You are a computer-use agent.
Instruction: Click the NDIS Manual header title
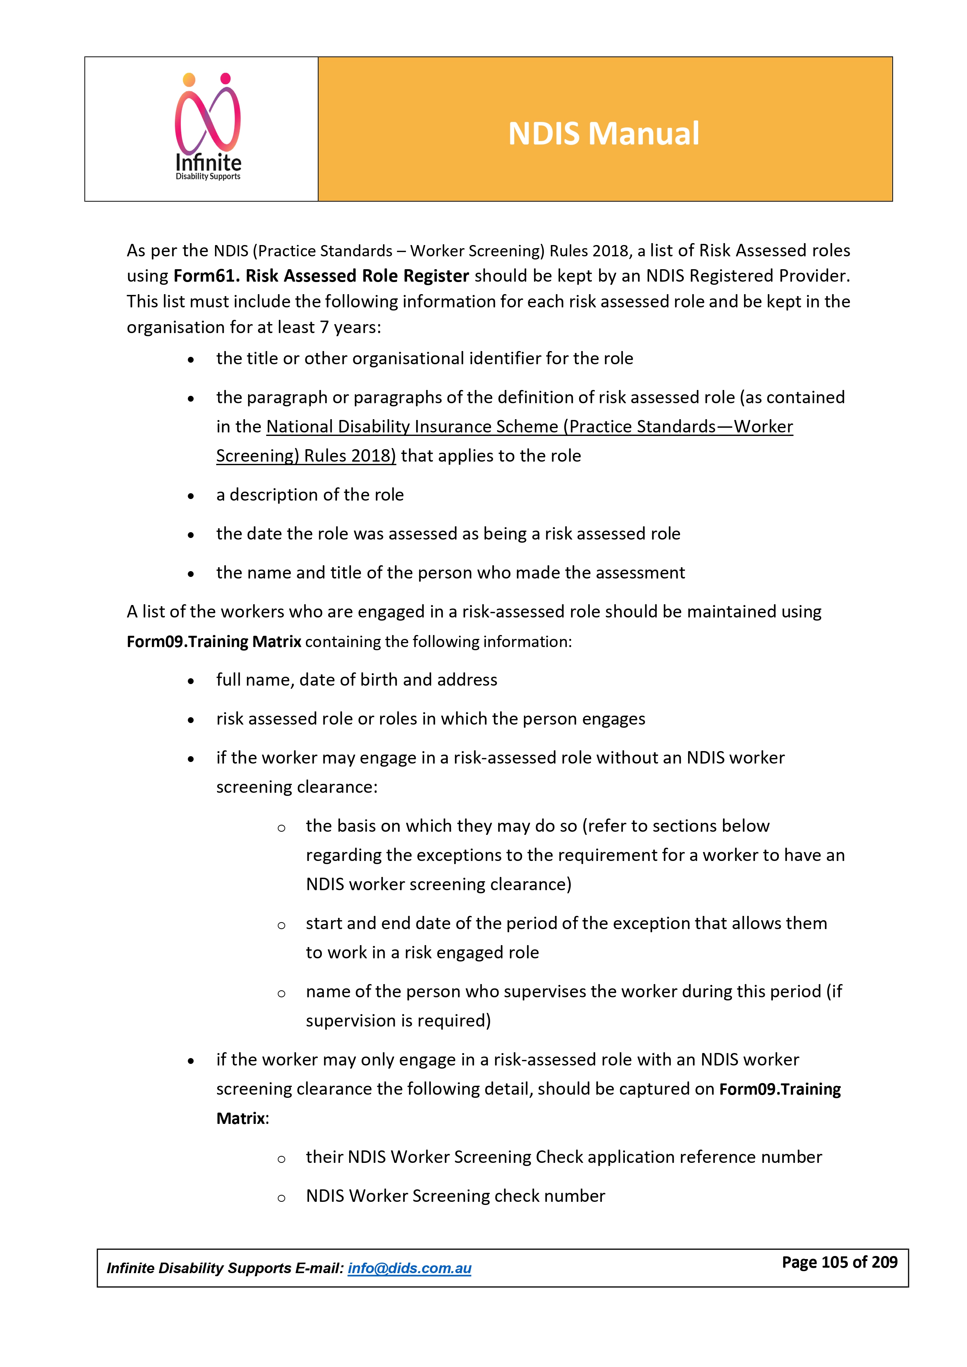coord(603,133)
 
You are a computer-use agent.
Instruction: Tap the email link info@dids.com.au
coord(409,1268)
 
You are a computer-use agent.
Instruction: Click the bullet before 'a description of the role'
coord(191,496)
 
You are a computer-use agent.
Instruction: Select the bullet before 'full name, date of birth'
coord(191,681)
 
